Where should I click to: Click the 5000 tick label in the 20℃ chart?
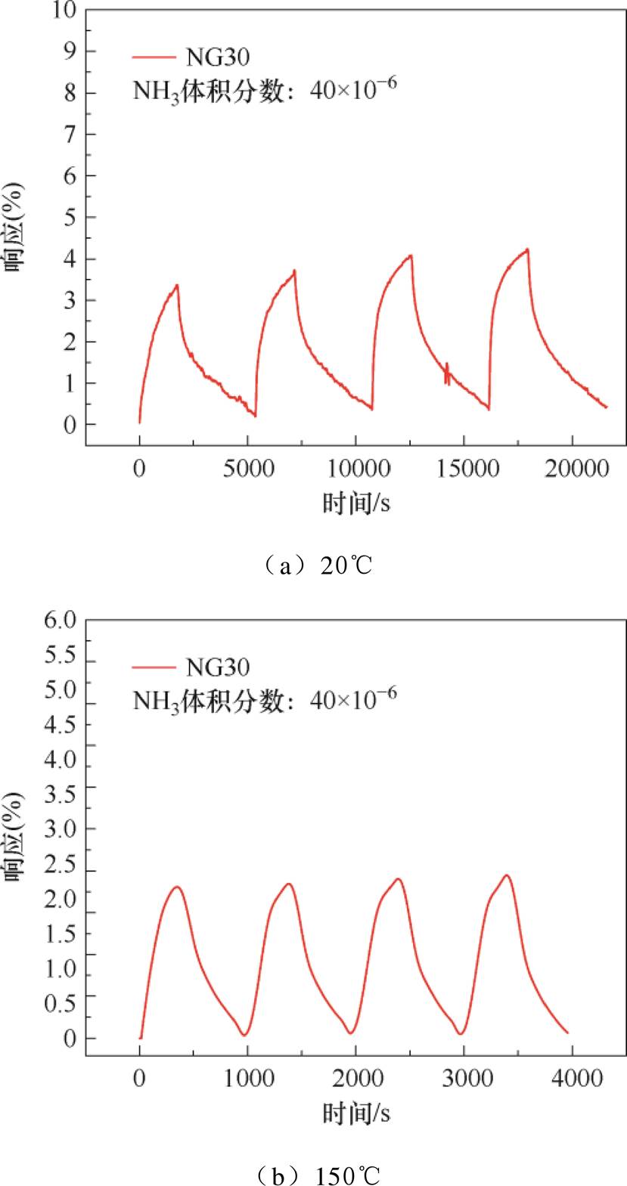pos(248,469)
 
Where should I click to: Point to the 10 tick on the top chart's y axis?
pos(64,11)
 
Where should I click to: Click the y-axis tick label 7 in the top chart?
pos(70,135)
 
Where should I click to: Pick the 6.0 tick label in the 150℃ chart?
pos(61,621)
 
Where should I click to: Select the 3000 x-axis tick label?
pos(467,1079)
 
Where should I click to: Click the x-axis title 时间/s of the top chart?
pos(356,503)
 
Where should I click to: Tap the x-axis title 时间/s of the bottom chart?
pos(356,1113)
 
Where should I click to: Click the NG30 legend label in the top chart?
pos(217,57)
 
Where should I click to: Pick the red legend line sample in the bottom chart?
pos(154,667)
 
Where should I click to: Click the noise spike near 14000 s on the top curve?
pos(447,373)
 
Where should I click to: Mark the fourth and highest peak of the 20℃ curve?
pos(527,249)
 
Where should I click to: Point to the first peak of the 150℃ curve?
pos(177,887)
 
